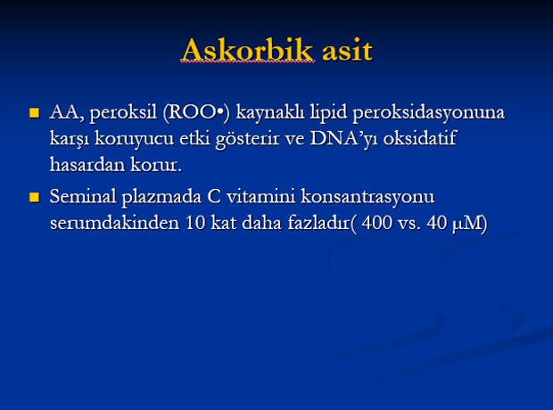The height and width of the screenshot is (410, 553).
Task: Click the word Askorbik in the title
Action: point(247,50)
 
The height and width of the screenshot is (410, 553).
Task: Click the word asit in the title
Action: point(347,51)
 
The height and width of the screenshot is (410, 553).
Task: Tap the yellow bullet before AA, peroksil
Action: point(35,113)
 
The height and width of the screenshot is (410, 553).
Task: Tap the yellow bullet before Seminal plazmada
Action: point(35,197)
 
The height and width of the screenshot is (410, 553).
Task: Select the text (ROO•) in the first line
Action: point(196,113)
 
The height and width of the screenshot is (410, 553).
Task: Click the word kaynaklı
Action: point(269,113)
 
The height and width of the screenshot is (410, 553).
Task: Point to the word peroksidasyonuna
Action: point(429,113)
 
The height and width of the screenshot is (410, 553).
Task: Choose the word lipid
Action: point(328,113)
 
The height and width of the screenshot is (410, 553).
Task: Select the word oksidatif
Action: point(420,137)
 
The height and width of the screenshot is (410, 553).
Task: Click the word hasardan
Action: point(87,164)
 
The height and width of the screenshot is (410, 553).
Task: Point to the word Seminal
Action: point(83,196)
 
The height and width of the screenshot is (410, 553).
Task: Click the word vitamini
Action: point(260,196)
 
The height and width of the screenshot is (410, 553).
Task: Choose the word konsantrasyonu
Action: point(367,197)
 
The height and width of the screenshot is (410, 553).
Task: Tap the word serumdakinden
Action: point(115,223)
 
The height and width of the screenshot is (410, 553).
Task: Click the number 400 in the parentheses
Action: point(376,223)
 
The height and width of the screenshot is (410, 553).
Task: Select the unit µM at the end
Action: point(467,224)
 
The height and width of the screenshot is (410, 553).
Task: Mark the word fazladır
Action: point(318,223)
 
